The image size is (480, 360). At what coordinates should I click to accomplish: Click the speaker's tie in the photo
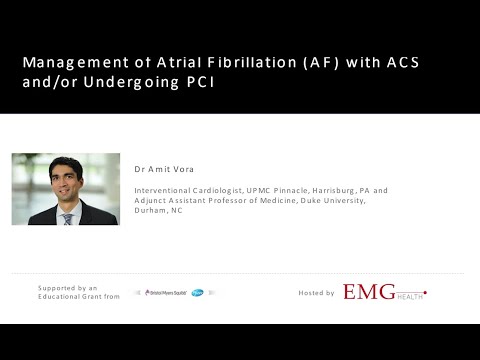(x=67, y=217)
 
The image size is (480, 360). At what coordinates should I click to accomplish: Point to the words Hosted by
(x=318, y=293)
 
